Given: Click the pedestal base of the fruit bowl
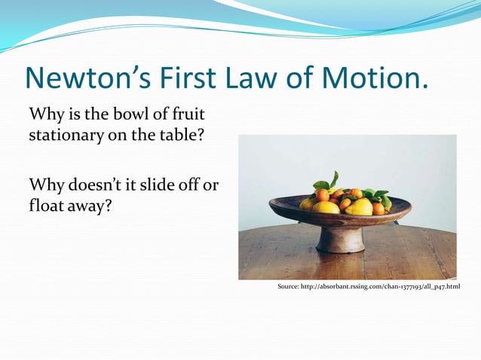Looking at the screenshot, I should (340, 240).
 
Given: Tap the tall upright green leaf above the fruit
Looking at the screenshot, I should (334, 179).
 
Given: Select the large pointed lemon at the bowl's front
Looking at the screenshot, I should (359, 207).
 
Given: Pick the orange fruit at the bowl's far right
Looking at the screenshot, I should (378, 208).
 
